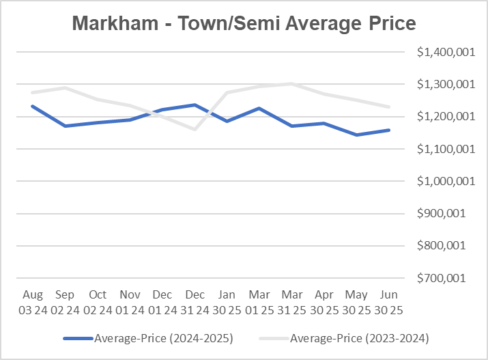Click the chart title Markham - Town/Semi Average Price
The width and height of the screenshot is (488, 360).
244,24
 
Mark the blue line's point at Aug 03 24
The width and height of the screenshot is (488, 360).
33,106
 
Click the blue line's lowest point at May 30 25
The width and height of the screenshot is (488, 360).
356,135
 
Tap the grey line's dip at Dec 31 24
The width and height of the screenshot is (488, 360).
195,128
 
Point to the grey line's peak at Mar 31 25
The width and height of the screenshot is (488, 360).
291,84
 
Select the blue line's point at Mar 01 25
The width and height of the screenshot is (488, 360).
259,108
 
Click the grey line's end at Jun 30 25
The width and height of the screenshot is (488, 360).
388,107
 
